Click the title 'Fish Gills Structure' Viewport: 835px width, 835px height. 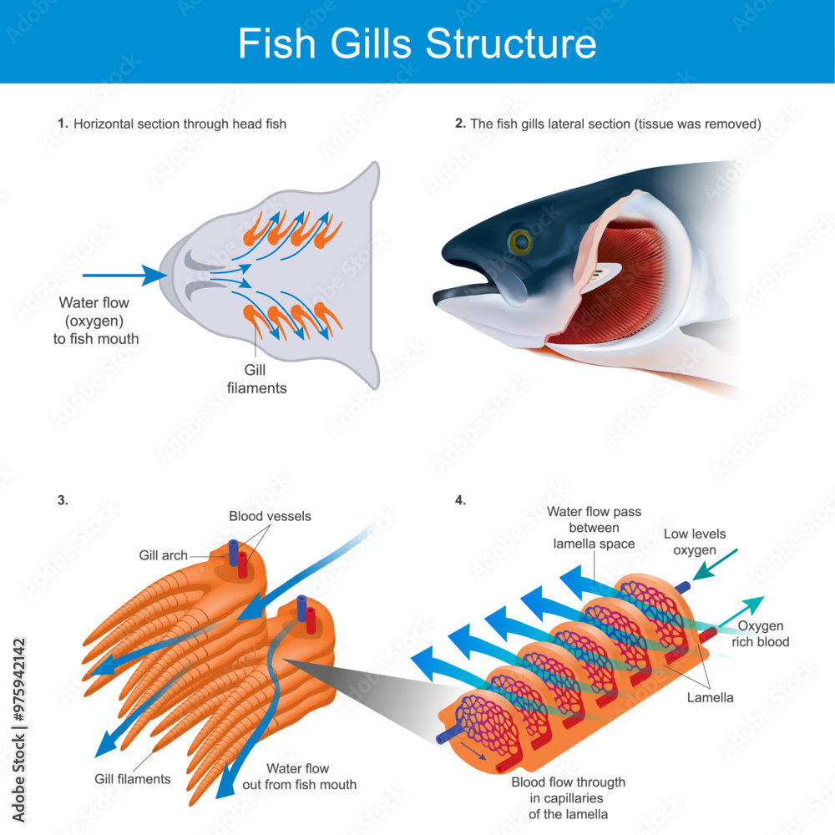click(x=417, y=43)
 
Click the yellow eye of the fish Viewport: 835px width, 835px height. click(x=521, y=242)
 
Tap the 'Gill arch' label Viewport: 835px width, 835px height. click(x=163, y=555)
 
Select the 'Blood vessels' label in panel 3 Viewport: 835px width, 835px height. click(x=270, y=517)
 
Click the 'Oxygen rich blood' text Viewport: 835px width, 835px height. click(x=760, y=634)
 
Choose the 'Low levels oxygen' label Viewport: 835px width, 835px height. click(x=695, y=541)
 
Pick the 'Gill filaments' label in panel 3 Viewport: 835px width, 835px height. click(x=132, y=779)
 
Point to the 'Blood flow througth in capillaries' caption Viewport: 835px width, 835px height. click(x=568, y=797)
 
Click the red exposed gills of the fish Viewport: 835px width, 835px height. click(x=622, y=284)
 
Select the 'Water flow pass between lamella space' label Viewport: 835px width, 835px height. click(x=594, y=528)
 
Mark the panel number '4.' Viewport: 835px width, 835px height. click(x=460, y=500)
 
